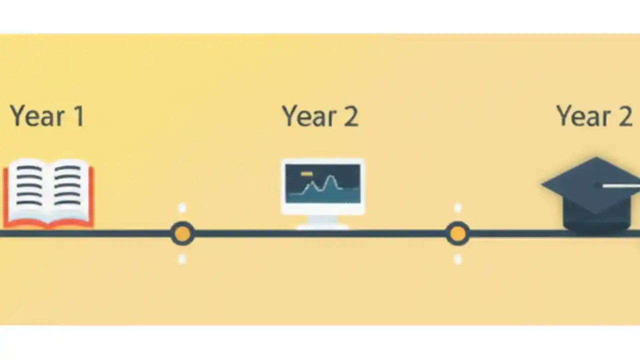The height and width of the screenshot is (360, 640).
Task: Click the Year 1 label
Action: click(47, 116)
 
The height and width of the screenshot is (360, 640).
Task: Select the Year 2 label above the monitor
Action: click(320, 116)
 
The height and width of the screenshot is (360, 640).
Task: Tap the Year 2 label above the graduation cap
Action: click(594, 116)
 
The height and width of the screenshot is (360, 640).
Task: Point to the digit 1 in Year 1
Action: click(78, 116)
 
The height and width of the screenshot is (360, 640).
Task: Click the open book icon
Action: click(48, 192)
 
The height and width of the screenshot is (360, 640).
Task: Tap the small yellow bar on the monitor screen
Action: click(306, 174)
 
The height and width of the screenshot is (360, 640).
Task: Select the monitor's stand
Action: click(322, 222)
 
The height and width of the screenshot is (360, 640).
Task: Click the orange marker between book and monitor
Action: click(182, 233)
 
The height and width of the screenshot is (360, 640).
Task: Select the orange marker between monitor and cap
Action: click(457, 233)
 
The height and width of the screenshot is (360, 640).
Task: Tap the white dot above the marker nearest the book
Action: click(182, 207)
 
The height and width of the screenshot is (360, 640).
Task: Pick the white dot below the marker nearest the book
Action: click(182, 259)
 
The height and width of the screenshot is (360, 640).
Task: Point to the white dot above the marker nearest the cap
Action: click(457, 207)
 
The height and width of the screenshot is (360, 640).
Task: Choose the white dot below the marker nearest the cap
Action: click(457, 259)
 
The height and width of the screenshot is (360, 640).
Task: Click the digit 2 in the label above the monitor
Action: click(351, 116)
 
